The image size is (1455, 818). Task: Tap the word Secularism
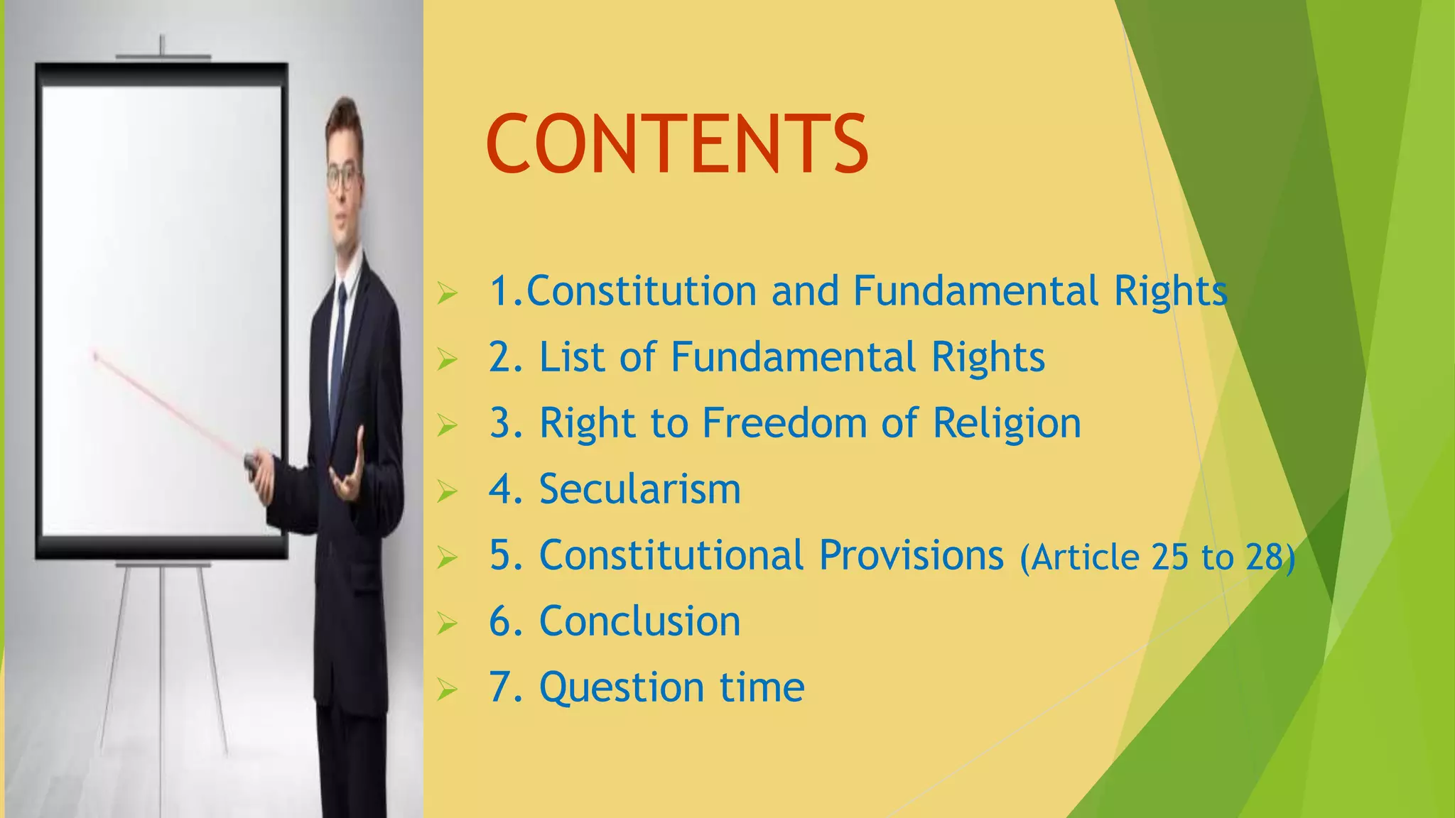pos(639,489)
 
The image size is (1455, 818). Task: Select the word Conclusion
pos(639,621)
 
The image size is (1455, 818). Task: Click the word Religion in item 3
pos(1006,424)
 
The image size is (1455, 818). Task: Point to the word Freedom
pos(785,423)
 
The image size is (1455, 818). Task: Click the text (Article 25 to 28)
pos(1157,557)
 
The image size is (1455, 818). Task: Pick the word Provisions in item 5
pos(912,555)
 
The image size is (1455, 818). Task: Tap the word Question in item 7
pos(622,689)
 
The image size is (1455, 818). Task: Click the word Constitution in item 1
pos(641,291)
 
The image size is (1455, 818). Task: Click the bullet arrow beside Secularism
pos(447,491)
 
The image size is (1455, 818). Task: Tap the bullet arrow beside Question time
pos(447,689)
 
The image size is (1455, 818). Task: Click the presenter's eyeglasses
pos(345,176)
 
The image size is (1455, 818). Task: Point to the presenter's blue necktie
pos(339,341)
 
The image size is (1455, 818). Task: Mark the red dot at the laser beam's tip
pos(95,355)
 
